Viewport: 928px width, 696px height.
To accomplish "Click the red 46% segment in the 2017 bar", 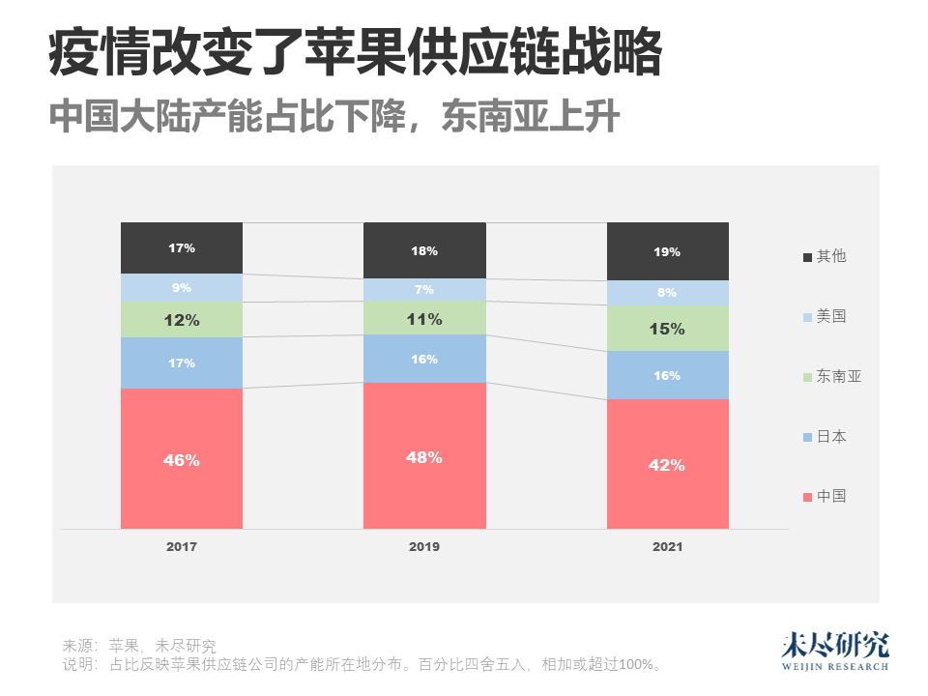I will pos(182,459).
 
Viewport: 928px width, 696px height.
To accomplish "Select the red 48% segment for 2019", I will pos(424,456).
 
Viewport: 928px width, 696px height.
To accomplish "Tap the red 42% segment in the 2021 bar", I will pos(667,464).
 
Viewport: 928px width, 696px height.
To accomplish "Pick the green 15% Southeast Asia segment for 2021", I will pos(667,329).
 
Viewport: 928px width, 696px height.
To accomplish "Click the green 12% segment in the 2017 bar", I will pos(182,320).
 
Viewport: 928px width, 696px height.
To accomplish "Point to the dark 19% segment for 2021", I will pos(667,251).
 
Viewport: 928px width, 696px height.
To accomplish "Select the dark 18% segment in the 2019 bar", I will pos(424,250).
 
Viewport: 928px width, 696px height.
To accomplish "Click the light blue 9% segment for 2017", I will pos(182,287).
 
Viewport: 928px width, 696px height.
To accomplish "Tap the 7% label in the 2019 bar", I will pos(424,290).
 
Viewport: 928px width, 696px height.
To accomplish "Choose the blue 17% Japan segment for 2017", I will pos(182,362).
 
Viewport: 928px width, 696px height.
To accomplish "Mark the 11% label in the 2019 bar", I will pos(424,319).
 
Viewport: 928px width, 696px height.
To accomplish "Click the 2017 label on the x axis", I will pos(182,547).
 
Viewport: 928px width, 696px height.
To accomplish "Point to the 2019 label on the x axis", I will pos(424,547).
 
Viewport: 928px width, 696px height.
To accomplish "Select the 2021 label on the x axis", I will pos(667,547).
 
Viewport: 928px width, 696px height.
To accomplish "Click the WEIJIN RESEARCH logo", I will pos(834,652).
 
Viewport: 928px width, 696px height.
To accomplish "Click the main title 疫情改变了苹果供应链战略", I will pos(355,54).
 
